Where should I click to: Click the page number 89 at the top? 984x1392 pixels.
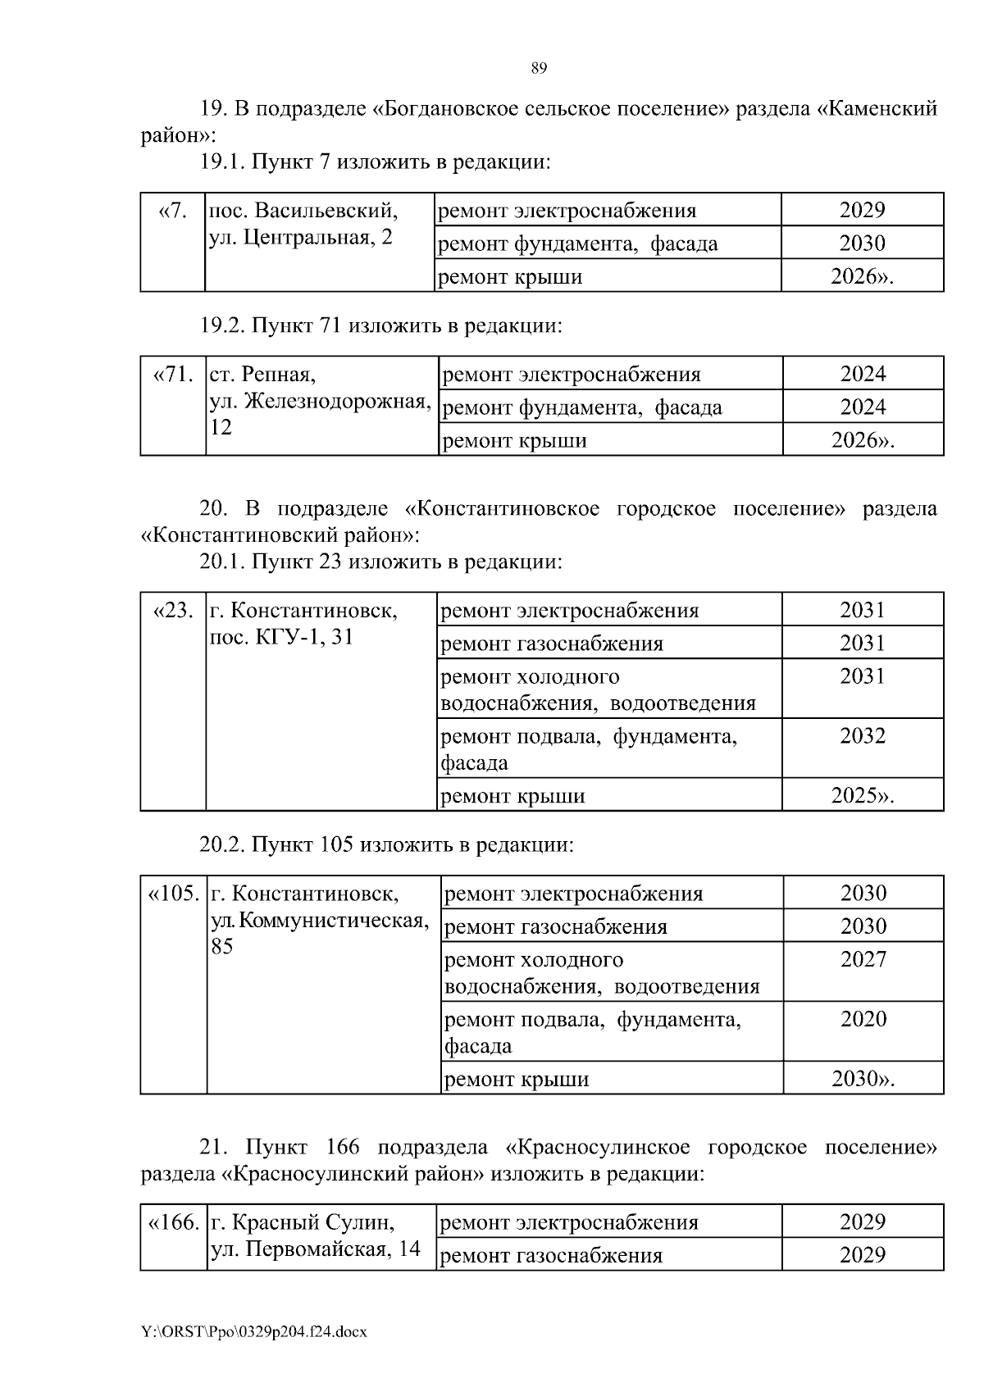(x=539, y=68)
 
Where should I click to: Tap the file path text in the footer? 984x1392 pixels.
(x=253, y=1331)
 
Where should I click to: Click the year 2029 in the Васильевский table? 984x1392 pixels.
(x=862, y=211)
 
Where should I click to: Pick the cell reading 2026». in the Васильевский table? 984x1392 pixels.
(x=862, y=277)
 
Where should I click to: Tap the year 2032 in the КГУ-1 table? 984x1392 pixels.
(x=862, y=736)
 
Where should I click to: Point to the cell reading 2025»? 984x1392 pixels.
(x=862, y=795)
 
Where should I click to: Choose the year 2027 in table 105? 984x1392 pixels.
(x=863, y=960)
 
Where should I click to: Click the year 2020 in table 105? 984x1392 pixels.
(x=863, y=1020)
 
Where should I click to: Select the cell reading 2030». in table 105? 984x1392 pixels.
(x=863, y=1079)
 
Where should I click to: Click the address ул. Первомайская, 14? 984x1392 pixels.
(x=316, y=1249)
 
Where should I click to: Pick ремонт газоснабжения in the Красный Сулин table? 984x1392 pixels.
(x=551, y=1256)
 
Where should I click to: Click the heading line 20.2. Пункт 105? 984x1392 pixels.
(x=386, y=844)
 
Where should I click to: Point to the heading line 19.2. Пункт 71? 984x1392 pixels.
(x=380, y=326)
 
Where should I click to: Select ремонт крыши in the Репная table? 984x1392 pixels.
(x=514, y=441)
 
